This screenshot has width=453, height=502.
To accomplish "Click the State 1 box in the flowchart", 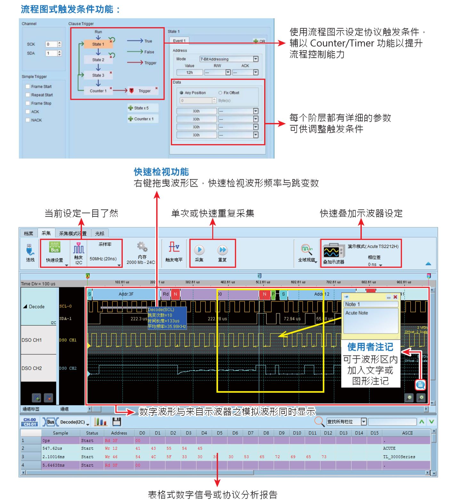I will [x=98, y=44].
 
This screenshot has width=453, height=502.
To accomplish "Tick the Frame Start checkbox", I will [x=28, y=86].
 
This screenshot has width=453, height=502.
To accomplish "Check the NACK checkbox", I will [x=28, y=120].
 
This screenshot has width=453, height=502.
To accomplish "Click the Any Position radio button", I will [x=182, y=93].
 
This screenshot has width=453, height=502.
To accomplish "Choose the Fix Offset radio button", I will [x=220, y=93].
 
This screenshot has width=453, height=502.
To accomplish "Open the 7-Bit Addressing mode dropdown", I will [x=255, y=59].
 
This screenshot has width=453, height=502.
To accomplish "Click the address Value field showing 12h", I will [x=190, y=73].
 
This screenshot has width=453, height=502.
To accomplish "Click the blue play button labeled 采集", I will [x=199, y=250].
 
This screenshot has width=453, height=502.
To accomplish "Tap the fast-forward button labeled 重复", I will [x=222, y=250].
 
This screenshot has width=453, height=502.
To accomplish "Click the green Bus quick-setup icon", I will [x=54, y=248].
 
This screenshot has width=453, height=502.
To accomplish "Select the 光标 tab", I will [x=100, y=234].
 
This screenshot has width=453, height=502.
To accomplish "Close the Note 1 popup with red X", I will [x=395, y=297].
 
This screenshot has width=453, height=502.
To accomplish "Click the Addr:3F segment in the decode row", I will [x=126, y=294].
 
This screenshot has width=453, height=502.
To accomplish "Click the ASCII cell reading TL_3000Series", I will [x=399, y=457].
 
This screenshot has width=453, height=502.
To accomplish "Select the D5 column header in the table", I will [x=220, y=433].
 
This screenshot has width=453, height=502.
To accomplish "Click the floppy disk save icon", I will [x=117, y=422].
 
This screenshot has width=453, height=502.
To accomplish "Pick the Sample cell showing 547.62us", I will [x=52, y=449].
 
